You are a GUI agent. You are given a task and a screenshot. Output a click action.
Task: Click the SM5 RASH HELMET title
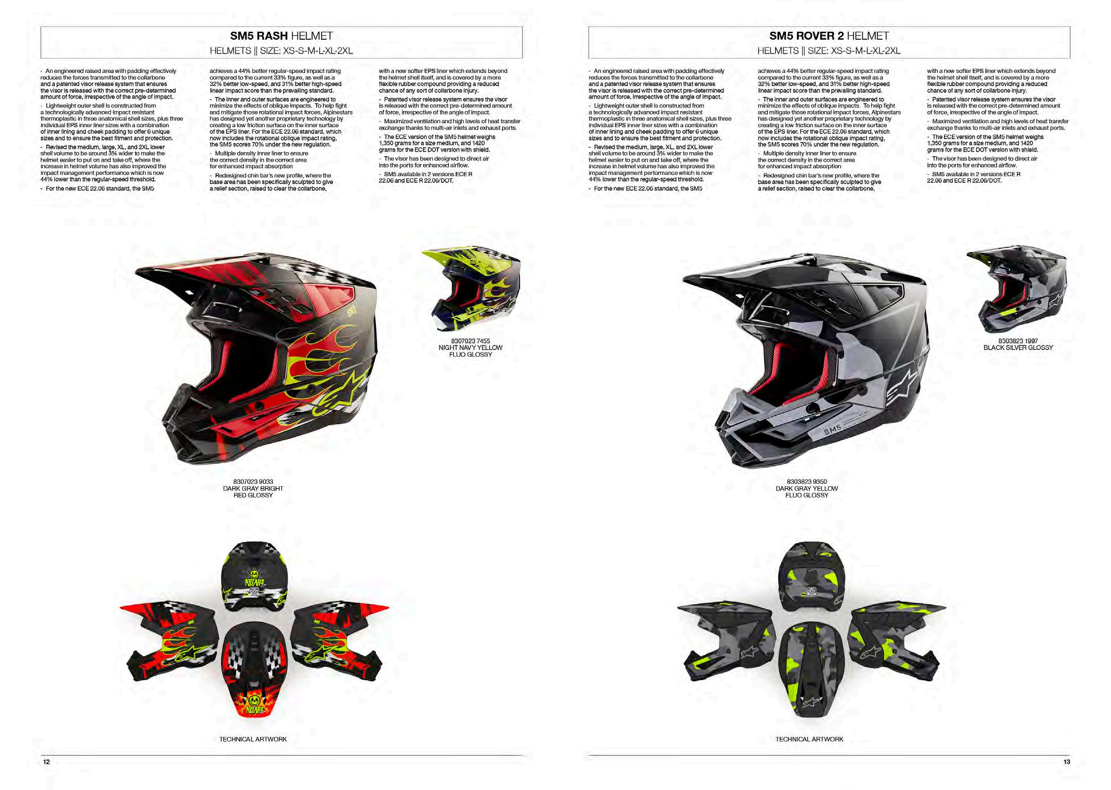pos(281,36)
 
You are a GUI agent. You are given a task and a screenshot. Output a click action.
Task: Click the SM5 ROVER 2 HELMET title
pos(829,36)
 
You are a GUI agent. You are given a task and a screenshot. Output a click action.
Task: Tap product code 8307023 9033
pos(253,482)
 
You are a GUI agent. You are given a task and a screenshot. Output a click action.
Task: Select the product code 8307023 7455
pos(470,341)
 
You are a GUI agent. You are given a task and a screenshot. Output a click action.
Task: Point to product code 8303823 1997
pos(1018,341)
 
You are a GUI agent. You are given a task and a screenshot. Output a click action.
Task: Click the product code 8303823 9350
pos(806,482)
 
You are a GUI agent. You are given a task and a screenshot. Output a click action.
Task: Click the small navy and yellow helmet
pos(471,289)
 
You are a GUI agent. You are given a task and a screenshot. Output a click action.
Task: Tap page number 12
pos(47,762)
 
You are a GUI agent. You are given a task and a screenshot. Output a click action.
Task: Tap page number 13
pos(1066,762)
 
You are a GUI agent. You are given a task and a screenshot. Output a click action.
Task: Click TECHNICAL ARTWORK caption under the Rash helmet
pos(253,739)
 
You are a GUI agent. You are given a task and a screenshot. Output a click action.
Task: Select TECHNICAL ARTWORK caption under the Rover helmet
pos(809,739)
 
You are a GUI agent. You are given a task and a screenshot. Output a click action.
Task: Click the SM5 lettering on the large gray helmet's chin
pos(832,430)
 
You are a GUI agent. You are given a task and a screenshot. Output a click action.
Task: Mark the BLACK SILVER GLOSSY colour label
pos(1018,348)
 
